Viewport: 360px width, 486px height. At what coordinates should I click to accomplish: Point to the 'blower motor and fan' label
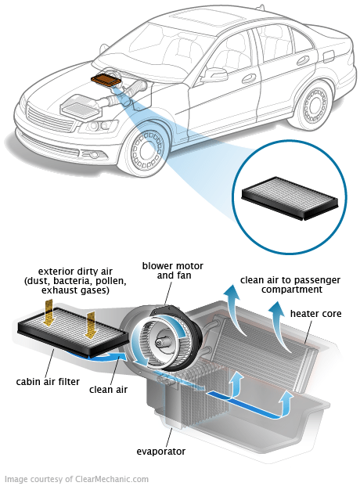[x=170, y=270]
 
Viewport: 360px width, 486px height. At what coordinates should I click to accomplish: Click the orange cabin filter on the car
[x=106, y=78]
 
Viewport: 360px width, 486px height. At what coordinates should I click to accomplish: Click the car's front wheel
[x=146, y=151]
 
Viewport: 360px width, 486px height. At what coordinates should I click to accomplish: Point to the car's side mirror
[x=211, y=76]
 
